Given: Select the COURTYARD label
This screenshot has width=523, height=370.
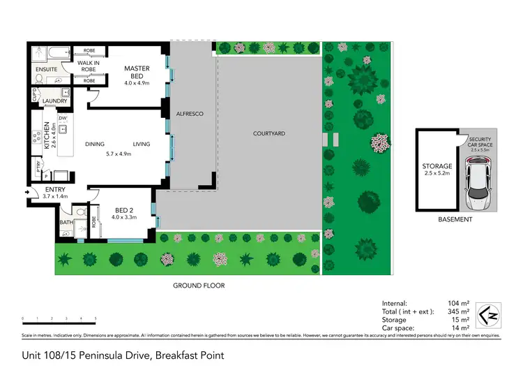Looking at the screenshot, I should pos(268,133).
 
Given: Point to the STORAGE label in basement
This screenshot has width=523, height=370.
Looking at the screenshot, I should pos(437,167).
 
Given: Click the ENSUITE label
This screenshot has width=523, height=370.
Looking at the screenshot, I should pos(47,70).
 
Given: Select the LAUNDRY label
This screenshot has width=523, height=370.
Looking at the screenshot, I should pos(54,101).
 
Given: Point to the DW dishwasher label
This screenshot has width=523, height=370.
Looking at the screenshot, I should pos(62,119).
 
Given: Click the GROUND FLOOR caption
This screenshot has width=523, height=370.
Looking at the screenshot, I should pos(199,286).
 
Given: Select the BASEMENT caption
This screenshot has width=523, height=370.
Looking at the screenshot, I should pos(455,219).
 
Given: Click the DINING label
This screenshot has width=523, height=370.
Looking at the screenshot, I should pos(95,145).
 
